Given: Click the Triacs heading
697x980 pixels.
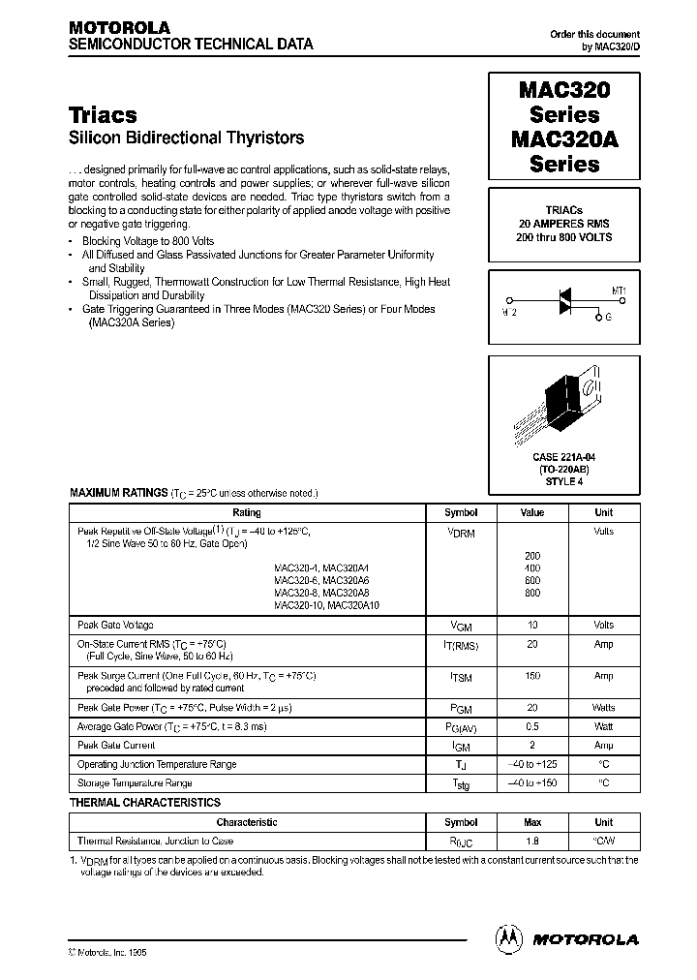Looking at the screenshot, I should (x=103, y=114).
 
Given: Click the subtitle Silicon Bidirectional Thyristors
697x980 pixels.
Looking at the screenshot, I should (x=187, y=138).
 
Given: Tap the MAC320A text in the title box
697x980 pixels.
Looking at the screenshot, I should (x=564, y=138).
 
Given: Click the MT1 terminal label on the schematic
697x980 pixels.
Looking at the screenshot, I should (x=621, y=290).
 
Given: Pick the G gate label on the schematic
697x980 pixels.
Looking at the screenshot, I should (x=608, y=317).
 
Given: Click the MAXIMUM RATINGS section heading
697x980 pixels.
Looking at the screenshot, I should (x=118, y=493).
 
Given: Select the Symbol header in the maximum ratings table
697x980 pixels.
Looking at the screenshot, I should (x=461, y=512).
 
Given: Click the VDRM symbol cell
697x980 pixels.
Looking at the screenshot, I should (x=461, y=533).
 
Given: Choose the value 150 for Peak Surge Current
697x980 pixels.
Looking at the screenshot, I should (x=532, y=676).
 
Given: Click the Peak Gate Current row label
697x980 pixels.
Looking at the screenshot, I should (x=115, y=746).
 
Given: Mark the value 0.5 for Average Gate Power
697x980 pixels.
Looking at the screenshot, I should (x=532, y=726).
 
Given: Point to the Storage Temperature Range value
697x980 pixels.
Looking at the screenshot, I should (x=532, y=782).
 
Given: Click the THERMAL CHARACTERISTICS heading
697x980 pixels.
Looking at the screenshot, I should (x=145, y=803).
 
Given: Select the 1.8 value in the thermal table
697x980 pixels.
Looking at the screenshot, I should (x=532, y=842).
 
